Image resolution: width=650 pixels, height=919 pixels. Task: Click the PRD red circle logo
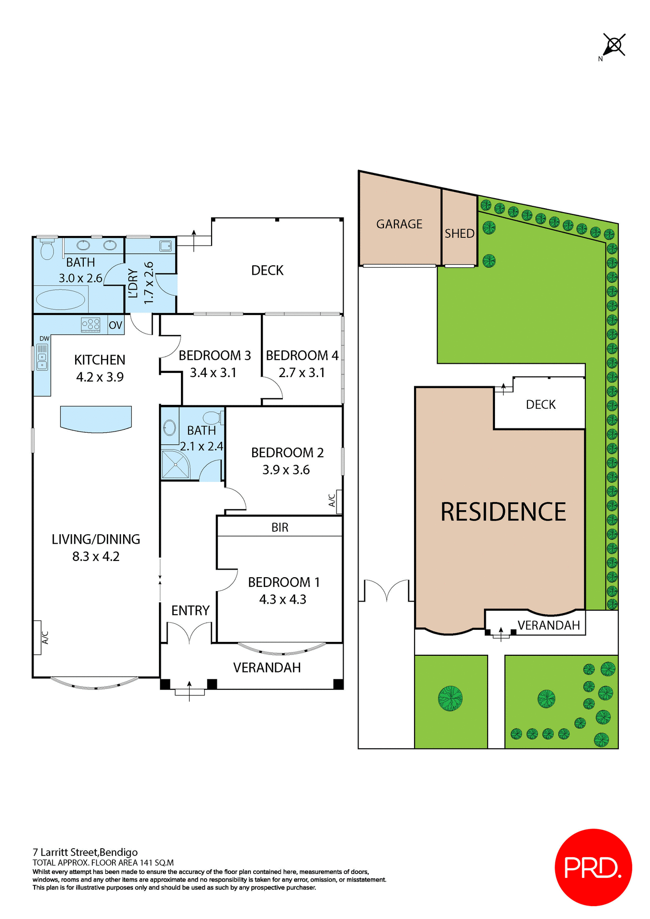593,867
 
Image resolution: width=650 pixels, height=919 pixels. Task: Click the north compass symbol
614,45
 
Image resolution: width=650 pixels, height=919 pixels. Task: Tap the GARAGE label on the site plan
399,224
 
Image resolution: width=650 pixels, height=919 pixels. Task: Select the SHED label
459,234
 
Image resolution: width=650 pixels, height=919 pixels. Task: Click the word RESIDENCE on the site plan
503,512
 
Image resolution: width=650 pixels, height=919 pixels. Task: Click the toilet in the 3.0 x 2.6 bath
47,249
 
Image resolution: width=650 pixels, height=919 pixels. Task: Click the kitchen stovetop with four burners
90,325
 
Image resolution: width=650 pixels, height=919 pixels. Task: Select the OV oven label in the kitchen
115,325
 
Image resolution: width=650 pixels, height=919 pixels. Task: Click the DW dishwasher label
44,338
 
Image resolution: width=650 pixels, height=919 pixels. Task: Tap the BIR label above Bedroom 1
280,527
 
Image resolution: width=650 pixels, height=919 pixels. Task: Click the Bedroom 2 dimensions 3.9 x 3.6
286,470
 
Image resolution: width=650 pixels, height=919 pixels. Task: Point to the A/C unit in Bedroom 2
338,501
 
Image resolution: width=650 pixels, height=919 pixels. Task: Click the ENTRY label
191,611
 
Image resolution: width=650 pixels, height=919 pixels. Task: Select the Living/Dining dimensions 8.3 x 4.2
96,557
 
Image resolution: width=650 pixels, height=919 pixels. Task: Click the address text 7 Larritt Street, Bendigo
85,852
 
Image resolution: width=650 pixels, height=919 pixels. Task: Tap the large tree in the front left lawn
450,698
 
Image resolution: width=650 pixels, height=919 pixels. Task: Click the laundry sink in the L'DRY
165,246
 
